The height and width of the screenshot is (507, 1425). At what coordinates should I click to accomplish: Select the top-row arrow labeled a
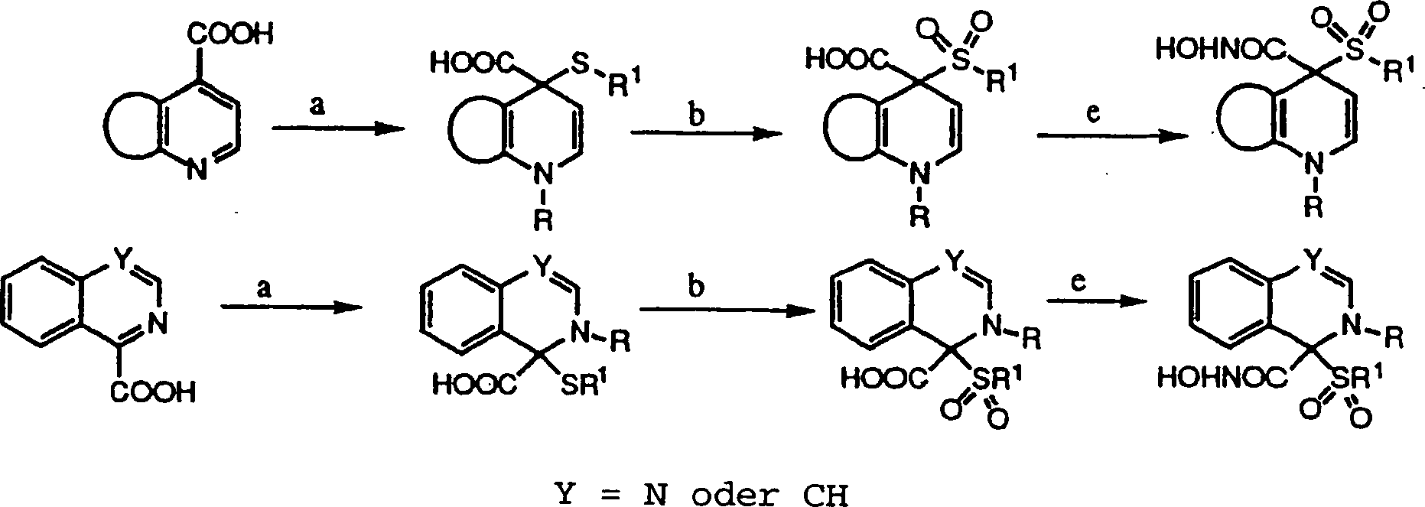pyautogui.click(x=337, y=129)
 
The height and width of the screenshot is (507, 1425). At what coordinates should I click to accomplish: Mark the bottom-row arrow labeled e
pyautogui.click(x=1097, y=301)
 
